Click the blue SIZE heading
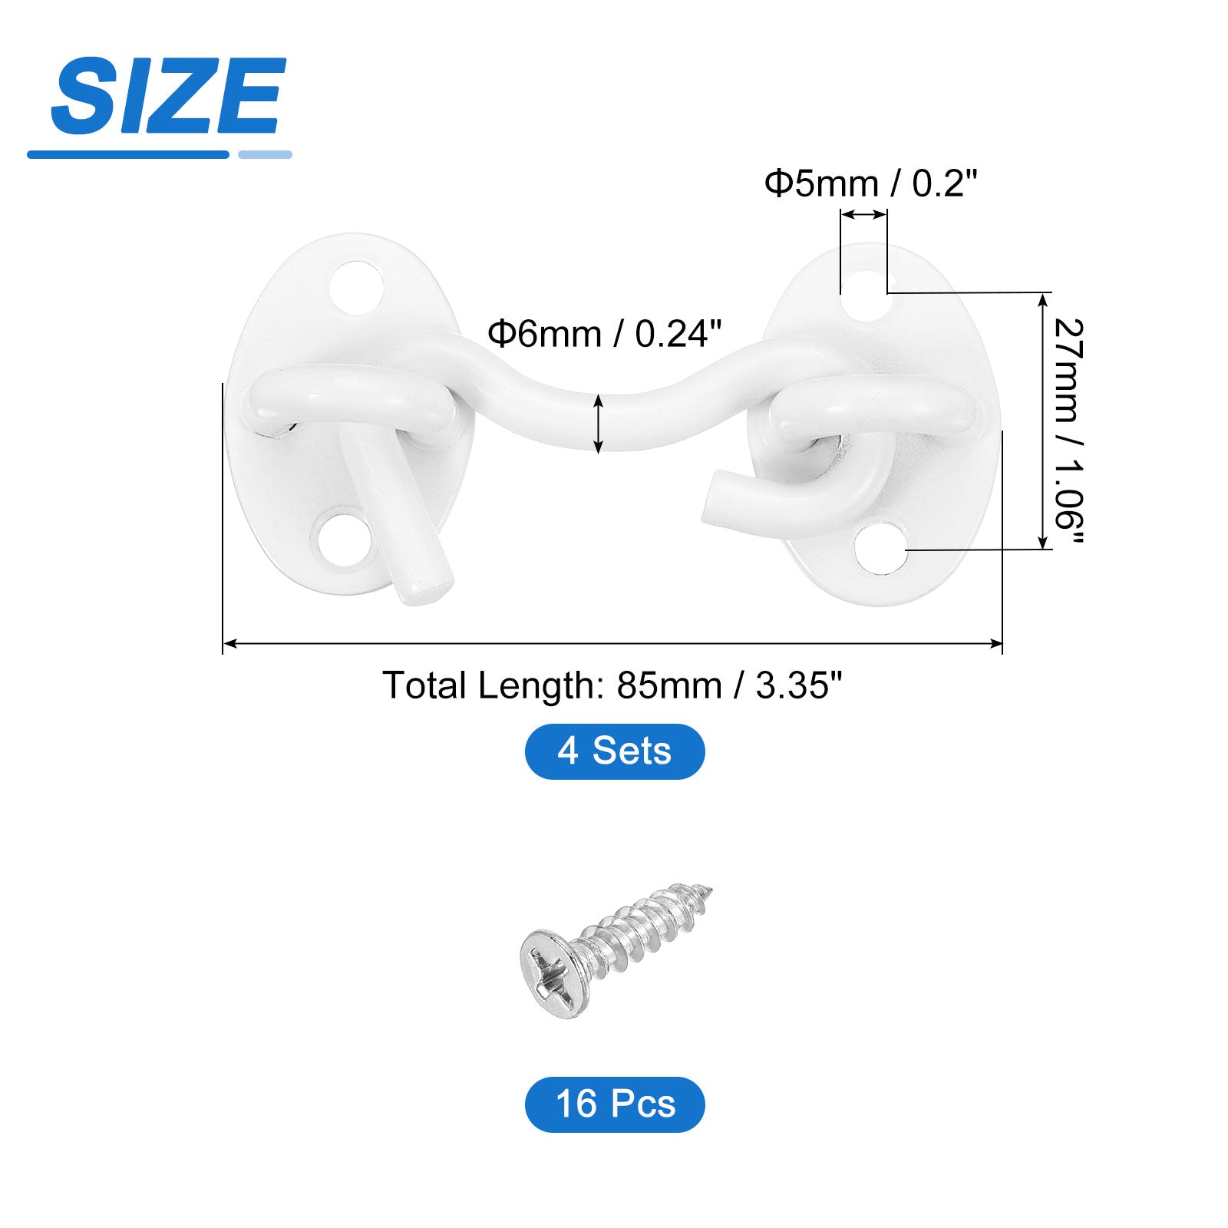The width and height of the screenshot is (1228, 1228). (x=168, y=96)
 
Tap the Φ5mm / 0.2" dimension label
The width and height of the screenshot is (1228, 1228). (x=870, y=183)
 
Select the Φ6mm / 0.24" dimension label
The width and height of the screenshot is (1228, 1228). (x=605, y=334)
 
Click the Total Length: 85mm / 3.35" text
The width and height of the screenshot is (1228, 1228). (x=612, y=685)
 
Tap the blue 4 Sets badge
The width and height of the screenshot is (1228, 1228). (x=615, y=751)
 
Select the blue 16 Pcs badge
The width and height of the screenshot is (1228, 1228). (x=615, y=1104)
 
